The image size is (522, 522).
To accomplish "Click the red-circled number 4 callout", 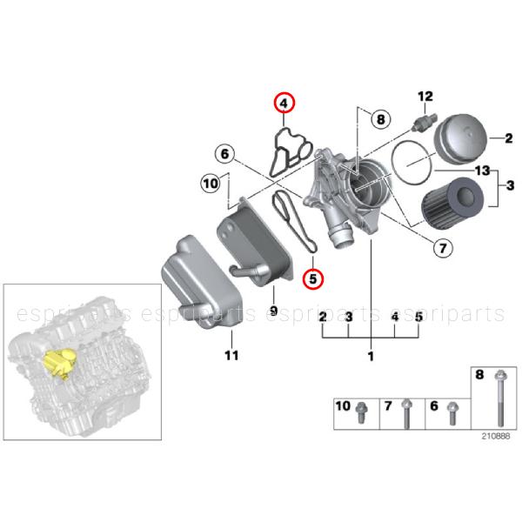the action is point(284,104).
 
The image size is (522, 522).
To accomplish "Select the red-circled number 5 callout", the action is point(313,278).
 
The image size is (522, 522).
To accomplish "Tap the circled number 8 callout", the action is point(380,119).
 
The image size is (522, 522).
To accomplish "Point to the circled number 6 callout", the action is point(225,154).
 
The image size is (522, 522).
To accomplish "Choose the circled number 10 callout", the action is point(211,184).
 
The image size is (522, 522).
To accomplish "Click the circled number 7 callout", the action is point(443,248).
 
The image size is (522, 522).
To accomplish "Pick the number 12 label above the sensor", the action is point(425,97).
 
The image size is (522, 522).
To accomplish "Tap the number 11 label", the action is point(231,356).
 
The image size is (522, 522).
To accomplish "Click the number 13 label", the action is point(482,171).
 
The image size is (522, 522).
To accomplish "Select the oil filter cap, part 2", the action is point(461,138).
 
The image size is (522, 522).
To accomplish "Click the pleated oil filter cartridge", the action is point(452,202).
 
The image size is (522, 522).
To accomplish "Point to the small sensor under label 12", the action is point(425,122).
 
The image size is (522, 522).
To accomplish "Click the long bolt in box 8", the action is point(500,398).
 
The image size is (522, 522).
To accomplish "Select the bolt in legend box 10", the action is point(361,412).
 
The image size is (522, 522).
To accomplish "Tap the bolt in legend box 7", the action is point(406,414).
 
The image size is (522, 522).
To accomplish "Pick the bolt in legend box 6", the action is point(452,413).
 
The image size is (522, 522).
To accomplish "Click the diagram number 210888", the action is point(496,436).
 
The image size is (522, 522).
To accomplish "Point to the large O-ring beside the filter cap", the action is point(412,162).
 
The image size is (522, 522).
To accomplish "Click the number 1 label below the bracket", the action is point(371,356).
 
